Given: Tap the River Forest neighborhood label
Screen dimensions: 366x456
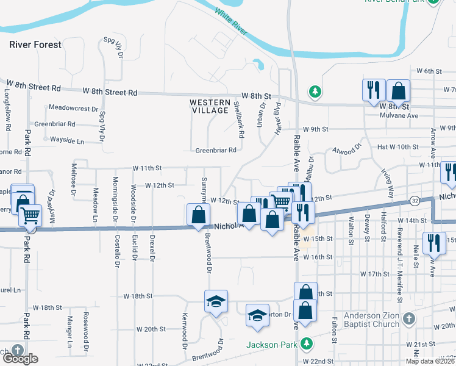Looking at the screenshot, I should (35, 45).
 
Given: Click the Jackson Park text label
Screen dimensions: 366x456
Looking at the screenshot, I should (272, 345).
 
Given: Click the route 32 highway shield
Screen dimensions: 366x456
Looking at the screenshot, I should (414, 199).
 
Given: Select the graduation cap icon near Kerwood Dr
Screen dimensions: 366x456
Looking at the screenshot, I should (216, 301).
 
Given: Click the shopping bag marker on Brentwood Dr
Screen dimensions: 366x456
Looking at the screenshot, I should (199, 215).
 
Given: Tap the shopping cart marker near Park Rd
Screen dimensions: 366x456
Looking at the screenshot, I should (30, 215).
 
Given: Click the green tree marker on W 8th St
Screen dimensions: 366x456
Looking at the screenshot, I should (315, 92).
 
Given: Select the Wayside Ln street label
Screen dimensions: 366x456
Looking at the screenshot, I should (66, 140).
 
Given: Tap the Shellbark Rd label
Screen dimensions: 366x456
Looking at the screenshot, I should (238, 118).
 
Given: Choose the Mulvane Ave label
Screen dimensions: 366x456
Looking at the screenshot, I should (399, 115).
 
